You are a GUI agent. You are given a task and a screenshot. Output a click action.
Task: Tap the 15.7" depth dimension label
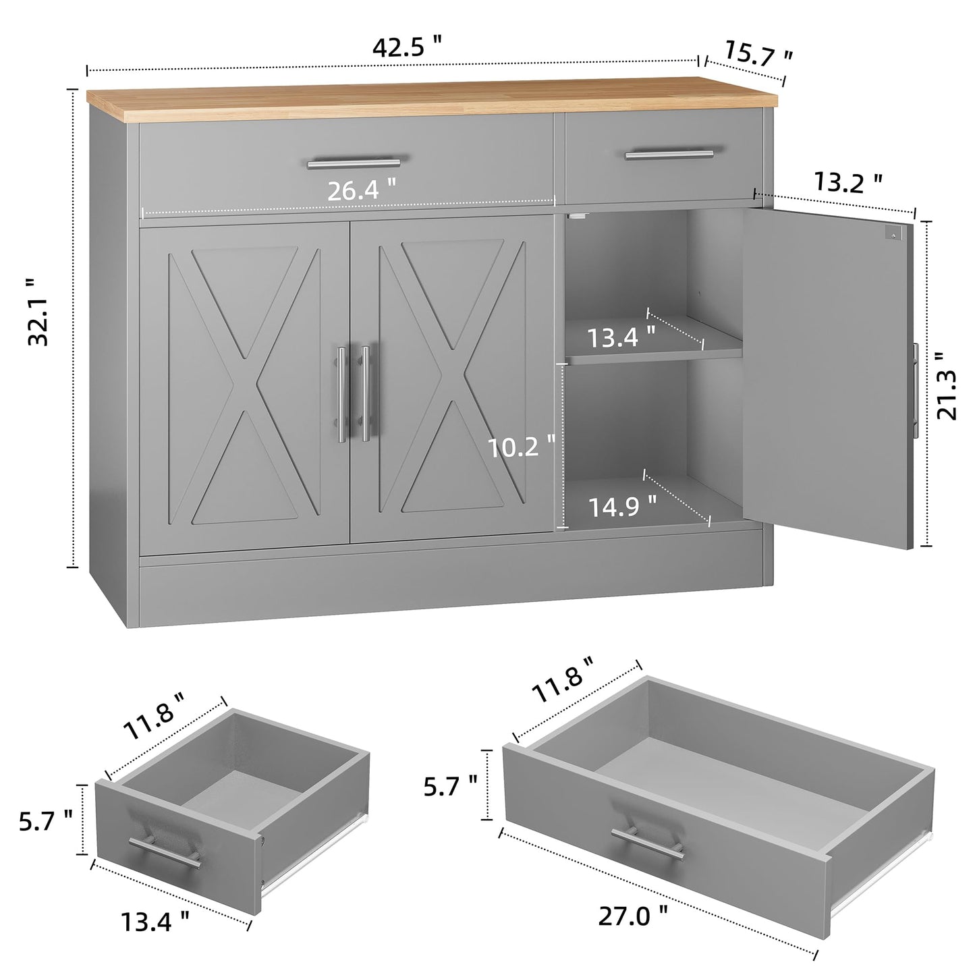point(758,54)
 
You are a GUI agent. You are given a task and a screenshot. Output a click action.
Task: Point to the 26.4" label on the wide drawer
point(362,191)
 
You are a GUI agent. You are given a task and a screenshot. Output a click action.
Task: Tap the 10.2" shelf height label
point(522,447)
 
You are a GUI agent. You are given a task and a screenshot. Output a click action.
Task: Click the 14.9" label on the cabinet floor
point(622,506)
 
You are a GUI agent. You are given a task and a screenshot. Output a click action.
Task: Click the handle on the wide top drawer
point(354,163)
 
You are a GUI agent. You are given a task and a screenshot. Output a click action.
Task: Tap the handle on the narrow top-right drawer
point(669,155)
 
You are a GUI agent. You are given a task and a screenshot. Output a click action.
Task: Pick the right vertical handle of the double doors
point(366,394)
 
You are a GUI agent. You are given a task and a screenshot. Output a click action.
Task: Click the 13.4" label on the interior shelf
point(621,337)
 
